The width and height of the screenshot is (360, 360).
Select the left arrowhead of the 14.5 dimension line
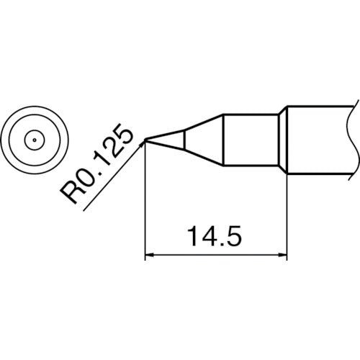coord(150,255)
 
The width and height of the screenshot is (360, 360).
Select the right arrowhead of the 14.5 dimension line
coord(283,255)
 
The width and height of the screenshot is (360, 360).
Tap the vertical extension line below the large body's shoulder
coord(287,216)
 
